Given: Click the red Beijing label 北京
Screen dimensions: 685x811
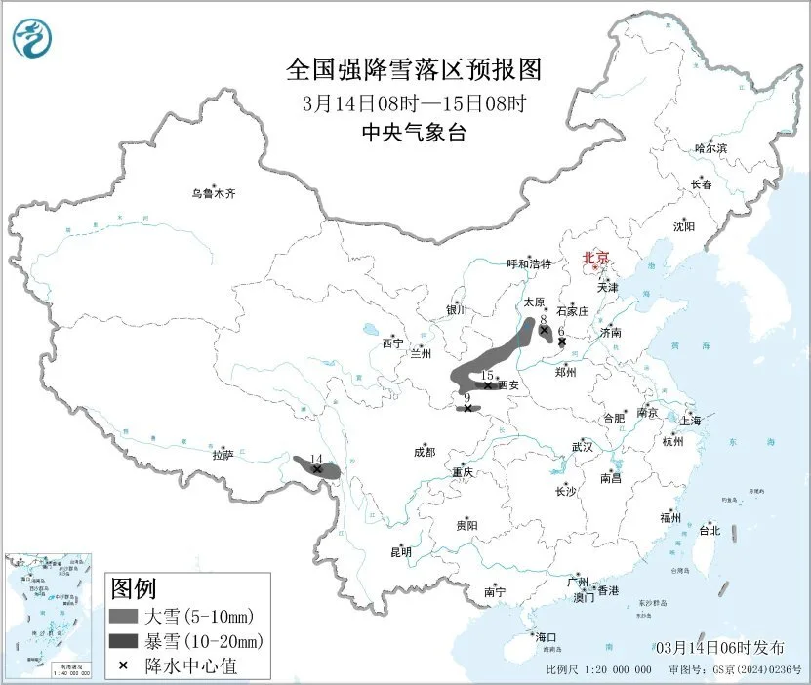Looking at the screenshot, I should [595, 258].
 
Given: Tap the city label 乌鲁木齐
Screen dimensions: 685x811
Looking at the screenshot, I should [213, 193].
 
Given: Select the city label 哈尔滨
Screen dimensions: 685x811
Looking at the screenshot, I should [710, 148].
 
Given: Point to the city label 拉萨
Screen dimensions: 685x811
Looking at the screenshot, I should [223, 455].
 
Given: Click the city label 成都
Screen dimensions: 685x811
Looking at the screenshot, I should [425, 452].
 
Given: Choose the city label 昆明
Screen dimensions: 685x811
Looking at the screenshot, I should [400, 551].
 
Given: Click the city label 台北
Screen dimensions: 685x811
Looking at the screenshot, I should [709, 531].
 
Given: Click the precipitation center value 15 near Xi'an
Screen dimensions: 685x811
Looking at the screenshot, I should [487, 375].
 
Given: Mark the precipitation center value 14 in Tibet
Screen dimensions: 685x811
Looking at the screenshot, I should [315, 459].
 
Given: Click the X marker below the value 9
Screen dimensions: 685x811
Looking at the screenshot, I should [468, 408].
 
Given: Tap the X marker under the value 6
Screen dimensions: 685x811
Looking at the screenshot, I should [562, 342].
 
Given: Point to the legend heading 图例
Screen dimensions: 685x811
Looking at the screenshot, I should [134, 588].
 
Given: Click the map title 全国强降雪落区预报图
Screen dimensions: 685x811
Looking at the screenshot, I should [413, 70].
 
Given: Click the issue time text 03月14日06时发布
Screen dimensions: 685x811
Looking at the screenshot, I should [719, 647].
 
